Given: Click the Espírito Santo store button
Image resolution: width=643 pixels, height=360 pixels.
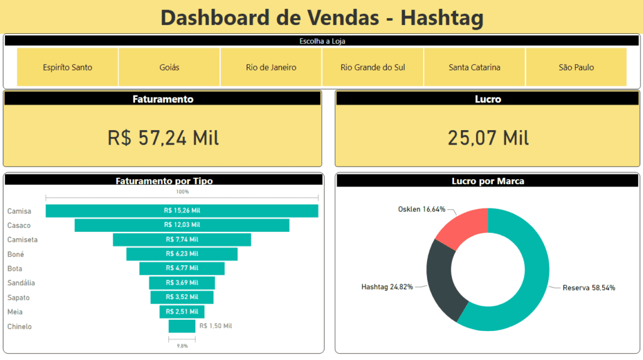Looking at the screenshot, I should pos(67,67).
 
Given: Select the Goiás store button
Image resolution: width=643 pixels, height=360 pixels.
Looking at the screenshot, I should pos(169,67).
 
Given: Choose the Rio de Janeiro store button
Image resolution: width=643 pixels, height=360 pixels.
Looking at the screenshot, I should pos(271,67).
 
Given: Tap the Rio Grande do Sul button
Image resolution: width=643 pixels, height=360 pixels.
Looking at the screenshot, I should pos(372,67).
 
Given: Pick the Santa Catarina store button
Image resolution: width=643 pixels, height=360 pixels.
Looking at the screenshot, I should pos(474,67).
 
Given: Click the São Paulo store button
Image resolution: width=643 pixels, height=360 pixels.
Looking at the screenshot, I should pos(576,67).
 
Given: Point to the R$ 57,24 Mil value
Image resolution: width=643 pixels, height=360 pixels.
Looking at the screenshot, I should pos(163,138).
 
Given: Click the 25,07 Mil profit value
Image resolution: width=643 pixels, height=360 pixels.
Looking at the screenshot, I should pos(488,138).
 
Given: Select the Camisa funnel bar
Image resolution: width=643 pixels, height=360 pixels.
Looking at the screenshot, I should pos(182,211).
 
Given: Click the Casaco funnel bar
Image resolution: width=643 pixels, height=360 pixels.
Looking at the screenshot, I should pos(182,225).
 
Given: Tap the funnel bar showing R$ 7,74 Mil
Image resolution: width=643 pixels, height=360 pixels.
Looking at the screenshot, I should pos(182,239).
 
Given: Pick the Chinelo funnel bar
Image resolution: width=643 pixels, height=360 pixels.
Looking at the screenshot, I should pos(182,326).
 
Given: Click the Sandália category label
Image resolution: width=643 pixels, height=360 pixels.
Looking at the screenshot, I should pos(21,283).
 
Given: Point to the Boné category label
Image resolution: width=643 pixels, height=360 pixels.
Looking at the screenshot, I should pos(16,254).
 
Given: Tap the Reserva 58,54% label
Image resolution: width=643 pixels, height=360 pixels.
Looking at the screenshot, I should pos(588,288).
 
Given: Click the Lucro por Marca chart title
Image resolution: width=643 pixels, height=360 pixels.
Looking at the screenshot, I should pos(488,181).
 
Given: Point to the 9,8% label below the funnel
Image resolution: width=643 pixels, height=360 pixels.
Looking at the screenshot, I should pos(182,346).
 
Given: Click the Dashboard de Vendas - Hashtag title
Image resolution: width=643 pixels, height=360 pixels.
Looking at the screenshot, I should pos(321,17).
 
